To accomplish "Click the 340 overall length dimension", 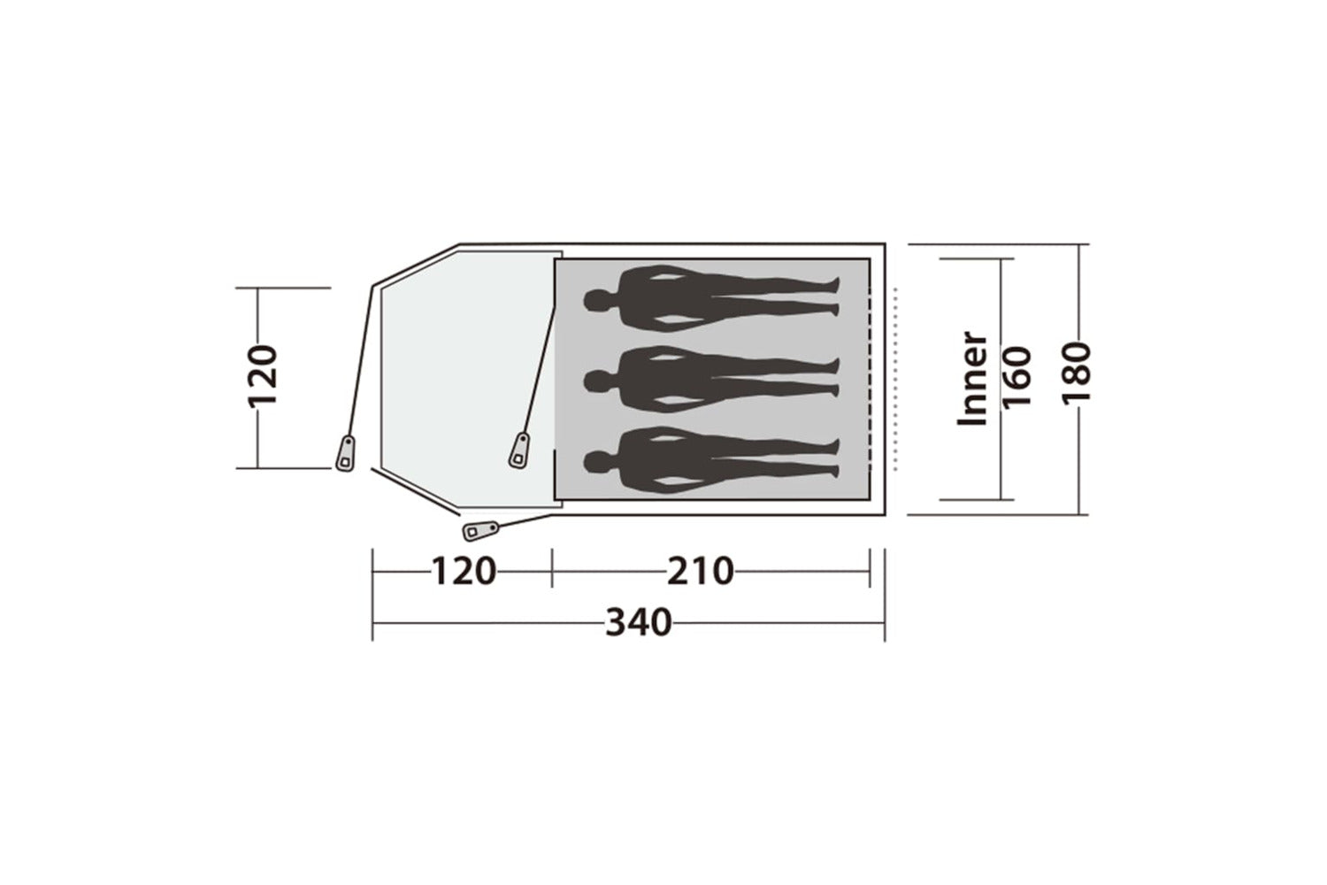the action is pyautogui.click(x=639, y=623).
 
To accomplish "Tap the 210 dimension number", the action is pyautogui.click(x=701, y=572).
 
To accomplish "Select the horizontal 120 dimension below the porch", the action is pyautogui.click(x=463, y=572).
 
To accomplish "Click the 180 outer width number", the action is pyautogui.click(x=1076, y=373).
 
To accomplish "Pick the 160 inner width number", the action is pyautogui.click(x=1017, y=377).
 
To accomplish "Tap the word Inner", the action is pyautogui.click(x=973, y=378).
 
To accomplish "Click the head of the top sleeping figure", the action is pyautogui.click(x=596, y=300).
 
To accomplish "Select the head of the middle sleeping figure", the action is pyautogui.click(x=596, y=381).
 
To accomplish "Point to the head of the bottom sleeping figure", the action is pyautogui.click(x=596, y=462).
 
